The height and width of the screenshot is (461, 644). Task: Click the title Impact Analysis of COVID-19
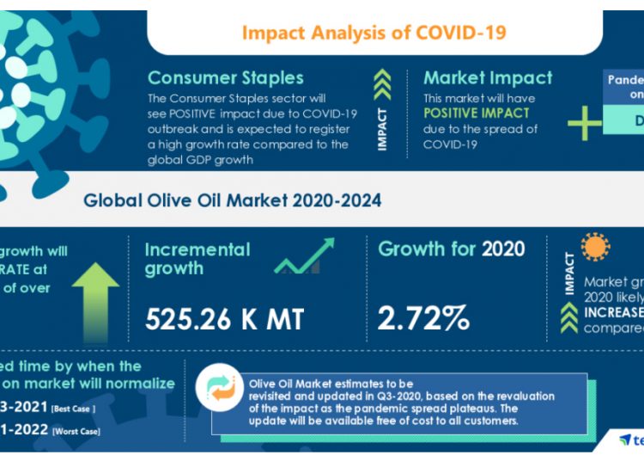tap(374, 33)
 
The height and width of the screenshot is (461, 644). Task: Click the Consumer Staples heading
tap(226, 77)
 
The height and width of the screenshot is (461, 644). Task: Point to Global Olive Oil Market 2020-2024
tap(232, 201)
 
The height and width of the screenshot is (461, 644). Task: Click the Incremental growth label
tap(197, 259)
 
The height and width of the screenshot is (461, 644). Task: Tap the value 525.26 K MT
tap(224, 319)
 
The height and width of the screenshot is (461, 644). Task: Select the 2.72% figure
tap(424, 319)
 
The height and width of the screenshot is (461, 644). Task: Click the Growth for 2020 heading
tap(452, 249)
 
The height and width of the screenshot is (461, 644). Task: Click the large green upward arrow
tap(95, 297)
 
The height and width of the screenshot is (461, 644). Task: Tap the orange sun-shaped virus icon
tap(594, 247)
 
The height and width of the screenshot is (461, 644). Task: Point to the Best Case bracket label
tap(72, 407)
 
